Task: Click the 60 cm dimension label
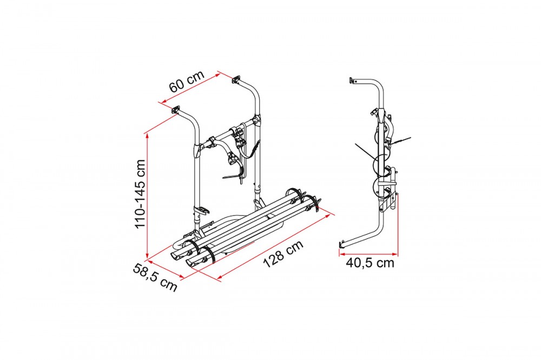(x=187, y=82)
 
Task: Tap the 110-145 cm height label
(x=140, y=194)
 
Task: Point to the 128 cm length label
(x=283, y=254)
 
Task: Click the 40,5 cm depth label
(x=370, y=263)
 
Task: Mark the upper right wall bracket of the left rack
(x=236, y=79)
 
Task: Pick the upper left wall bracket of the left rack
(x=176, y=110)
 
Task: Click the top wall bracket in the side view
(x=353, y=81)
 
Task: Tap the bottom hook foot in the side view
(x=342, y=245)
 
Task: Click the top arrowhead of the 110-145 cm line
(x=147, y=135)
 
